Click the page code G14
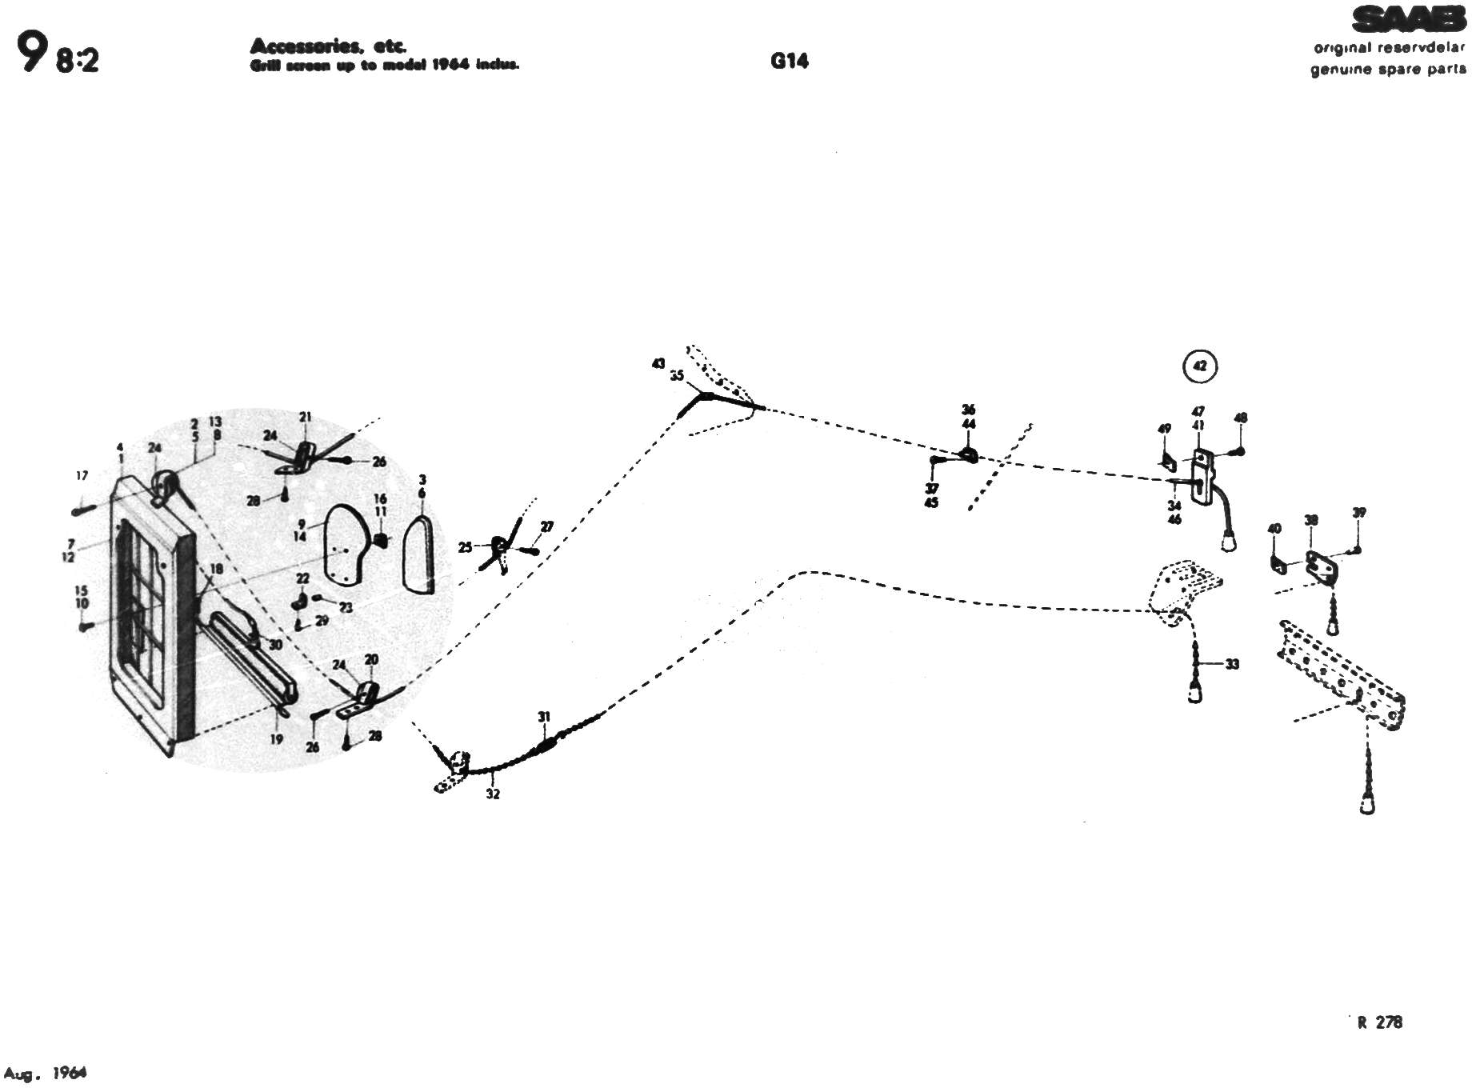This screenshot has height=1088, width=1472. click(x=790, y=61)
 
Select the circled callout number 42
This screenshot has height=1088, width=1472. click(x=1199, y=366)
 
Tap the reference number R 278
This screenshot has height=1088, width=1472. click(x=1380, y=1022)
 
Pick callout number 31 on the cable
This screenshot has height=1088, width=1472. click(x=544, y=717)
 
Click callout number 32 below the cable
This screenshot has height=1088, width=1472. click(x=493, y=794)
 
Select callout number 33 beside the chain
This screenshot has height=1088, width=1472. click(x=1232, y=664)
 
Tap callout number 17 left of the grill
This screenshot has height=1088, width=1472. click(x=82, y=476)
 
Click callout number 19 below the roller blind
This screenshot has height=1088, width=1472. click(x=276, y=739)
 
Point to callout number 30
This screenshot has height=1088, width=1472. click(x=275, y=645)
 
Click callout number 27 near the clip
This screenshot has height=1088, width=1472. click(x=547, y=526)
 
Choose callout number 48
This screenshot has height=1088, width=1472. click(x=1241, y=418)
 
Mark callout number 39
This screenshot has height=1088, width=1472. click(x=1359, y=513)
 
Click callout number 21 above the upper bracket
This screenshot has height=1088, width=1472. click(x=306, y=417)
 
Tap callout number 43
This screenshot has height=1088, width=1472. click(x=658, y=364)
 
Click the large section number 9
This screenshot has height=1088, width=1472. click(x=31, y=54)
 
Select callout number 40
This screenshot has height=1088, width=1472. click(x=1274, y=529)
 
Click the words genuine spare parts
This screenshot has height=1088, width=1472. click(x=1388, y=70)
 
